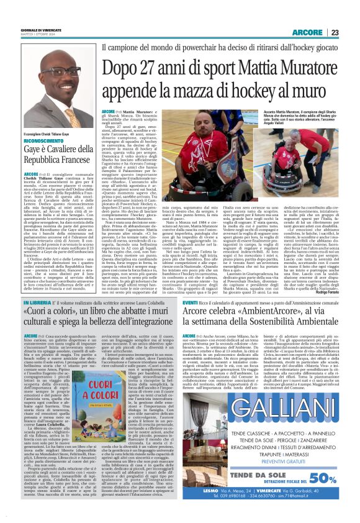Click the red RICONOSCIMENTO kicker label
(x=44, y=141)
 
